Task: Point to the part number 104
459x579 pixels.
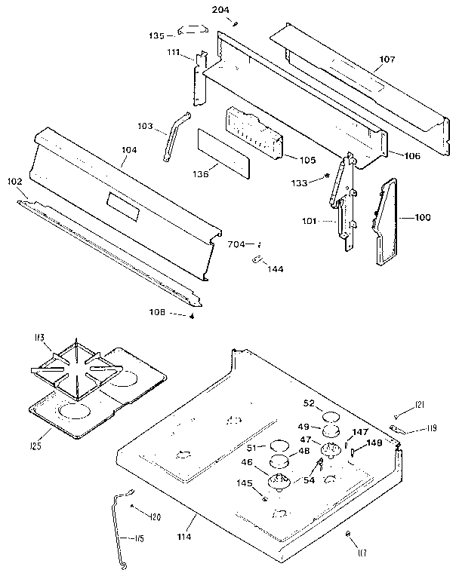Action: [x=129, y=151]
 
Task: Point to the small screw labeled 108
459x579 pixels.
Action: [x=192, y=316]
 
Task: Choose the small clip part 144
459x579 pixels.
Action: [x=257, y=260]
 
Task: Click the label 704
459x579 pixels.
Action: [x=236, y=244]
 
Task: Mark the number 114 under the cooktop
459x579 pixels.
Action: [x=184, y=536]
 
